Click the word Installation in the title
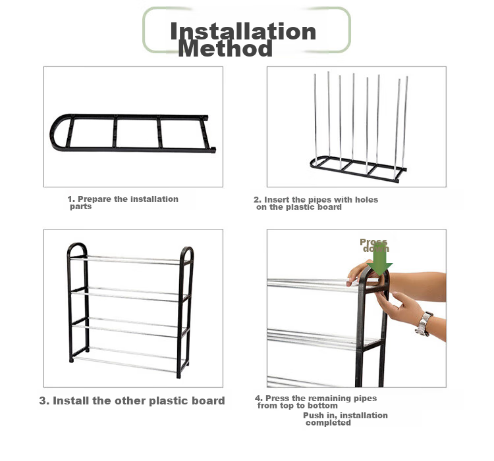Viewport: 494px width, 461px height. [243, 31]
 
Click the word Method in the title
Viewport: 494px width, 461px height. [225, 49]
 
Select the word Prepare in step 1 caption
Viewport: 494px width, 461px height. [94, 199]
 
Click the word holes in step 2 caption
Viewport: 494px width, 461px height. [366, 200]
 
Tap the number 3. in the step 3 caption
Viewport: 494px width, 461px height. [44, 400]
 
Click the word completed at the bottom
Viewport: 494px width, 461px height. [328, 423]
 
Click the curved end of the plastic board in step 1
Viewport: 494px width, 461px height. [57, 132]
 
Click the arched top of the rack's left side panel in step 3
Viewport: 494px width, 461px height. [76, 245]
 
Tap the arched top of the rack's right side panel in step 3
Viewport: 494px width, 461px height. [187, 249]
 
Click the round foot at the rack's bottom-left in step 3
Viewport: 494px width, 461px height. [71, 360]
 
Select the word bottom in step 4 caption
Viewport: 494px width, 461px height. [323, 406]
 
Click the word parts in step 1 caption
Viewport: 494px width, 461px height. [80, 206]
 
